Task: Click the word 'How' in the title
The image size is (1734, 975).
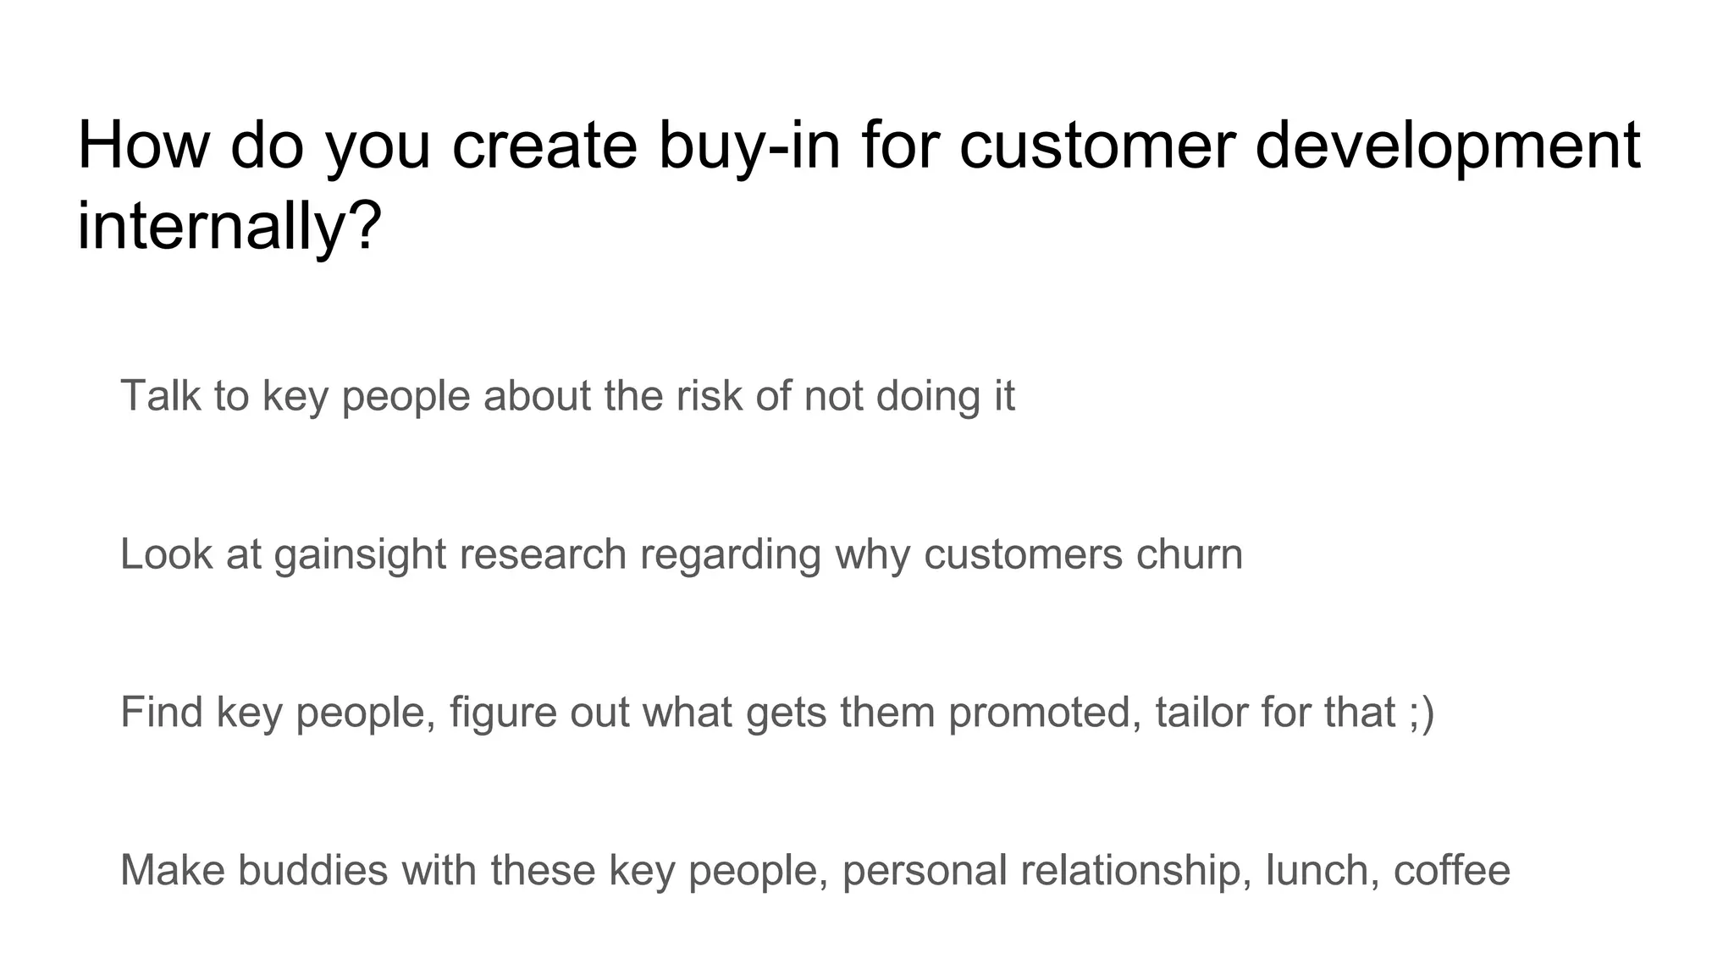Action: (x=142, y=146)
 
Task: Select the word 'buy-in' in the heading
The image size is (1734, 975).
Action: (x=749, y=146)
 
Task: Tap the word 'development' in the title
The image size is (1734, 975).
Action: (x=1447, y=146)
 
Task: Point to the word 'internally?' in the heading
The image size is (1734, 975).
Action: (x=229, y=226)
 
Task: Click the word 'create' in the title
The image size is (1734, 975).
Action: (x=544, y=146)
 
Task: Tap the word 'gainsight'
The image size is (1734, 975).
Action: (x=360, y=554)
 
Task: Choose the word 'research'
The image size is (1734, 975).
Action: (x=543, y=554)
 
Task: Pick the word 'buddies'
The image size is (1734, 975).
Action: (x=312, y=870)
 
